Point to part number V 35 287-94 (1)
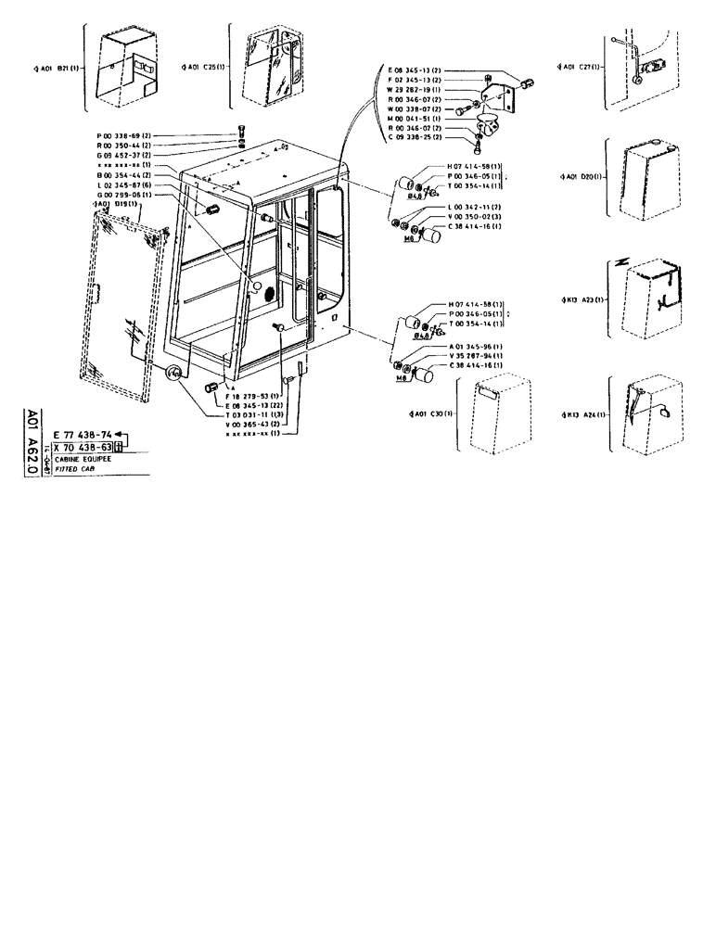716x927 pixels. tap(475, 356)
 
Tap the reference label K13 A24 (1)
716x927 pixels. tap(583, 414)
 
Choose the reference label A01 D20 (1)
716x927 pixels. tap(583, 176)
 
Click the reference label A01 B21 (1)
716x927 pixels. tap(55, 68)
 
